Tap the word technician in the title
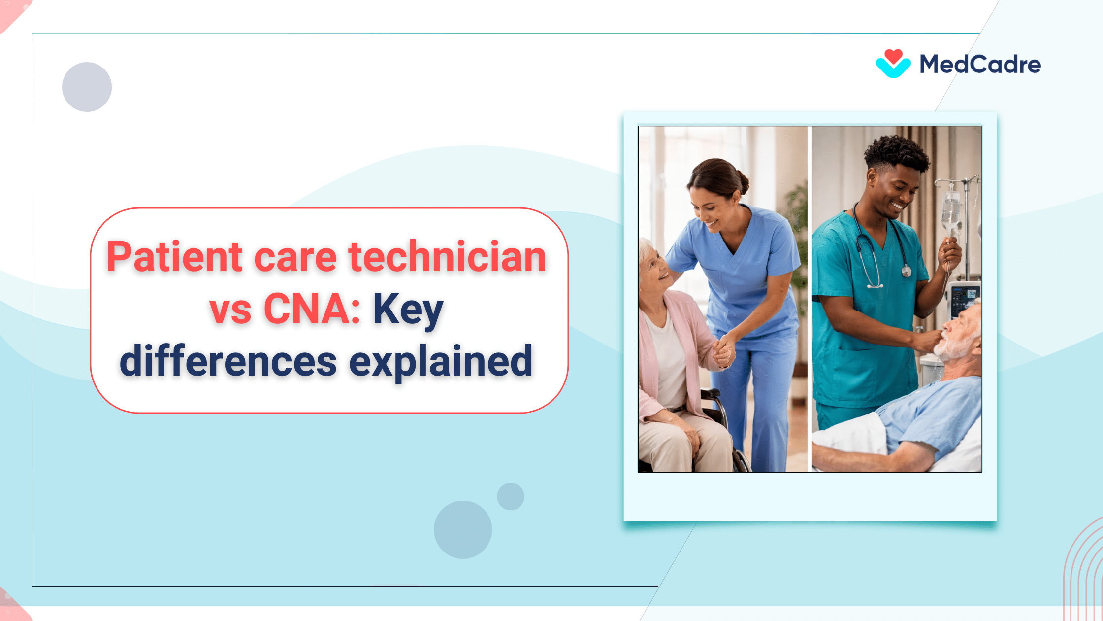tap(447, 257)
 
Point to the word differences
tap(228, 362)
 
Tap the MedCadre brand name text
tap(980, 65)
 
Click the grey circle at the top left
tap(87, 87)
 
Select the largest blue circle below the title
tap(462, 529)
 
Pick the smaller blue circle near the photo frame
tap(511, 496)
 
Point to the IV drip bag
tap(950, 209)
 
